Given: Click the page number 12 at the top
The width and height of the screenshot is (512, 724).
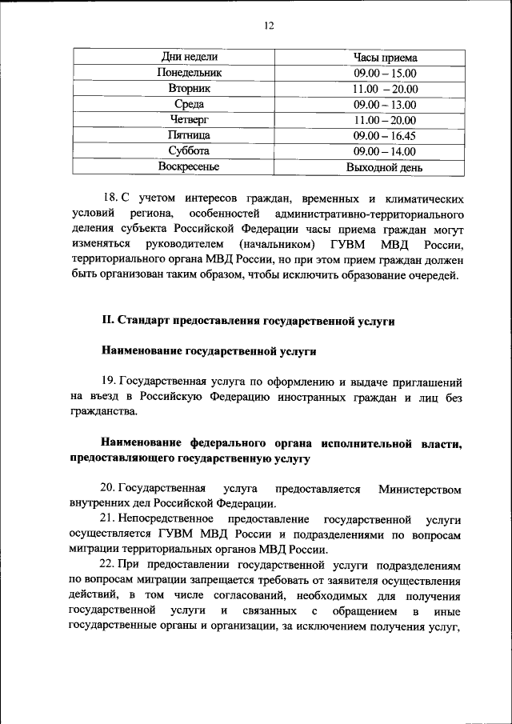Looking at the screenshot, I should [269, 26].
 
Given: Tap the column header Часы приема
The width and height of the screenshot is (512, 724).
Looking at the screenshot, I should [385, 58].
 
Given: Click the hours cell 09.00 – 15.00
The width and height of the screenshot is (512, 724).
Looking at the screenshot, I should [385, 73].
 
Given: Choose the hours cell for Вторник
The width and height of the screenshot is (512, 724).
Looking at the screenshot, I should [385, 89].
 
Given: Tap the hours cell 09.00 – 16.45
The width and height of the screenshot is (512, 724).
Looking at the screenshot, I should [385, 135].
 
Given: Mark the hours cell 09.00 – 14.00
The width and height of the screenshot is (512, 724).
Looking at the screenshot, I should [385, 151].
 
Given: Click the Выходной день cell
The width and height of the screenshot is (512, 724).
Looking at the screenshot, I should [385, 167].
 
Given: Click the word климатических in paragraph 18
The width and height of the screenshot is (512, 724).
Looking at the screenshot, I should [421, 198].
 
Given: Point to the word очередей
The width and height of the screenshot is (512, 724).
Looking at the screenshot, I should [433, 276].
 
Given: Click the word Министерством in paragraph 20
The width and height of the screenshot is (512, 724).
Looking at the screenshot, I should [420, 489].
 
